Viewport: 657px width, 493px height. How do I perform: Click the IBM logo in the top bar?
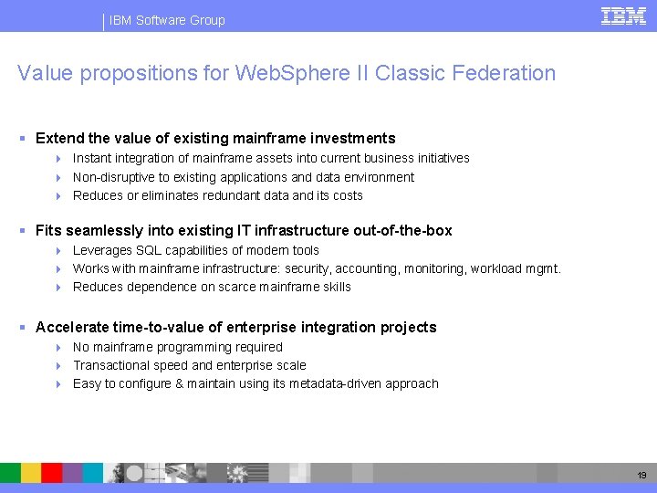point(623,16)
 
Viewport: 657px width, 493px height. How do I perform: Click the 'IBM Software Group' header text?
point(167,20)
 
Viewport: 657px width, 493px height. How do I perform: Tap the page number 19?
point(641,475)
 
